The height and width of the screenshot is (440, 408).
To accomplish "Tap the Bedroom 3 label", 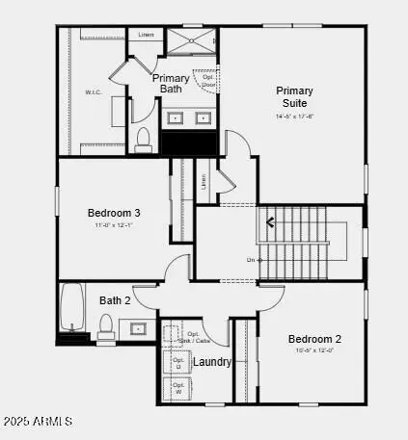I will point(114,213).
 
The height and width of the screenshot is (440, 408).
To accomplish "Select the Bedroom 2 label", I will point(314,339).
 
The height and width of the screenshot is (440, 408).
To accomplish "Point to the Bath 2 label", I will point(115,300).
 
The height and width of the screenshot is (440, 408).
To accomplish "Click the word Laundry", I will point(212,362).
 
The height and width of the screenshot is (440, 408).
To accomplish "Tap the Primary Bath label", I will point(170,83).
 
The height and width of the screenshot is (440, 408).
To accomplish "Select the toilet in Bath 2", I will point(106,327).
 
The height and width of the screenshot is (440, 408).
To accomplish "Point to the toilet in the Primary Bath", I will point(143,142).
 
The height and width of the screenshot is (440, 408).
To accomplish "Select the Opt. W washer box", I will point(178,388).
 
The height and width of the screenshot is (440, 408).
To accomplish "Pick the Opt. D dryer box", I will point(178,363).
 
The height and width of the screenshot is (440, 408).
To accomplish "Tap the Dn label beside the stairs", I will point(251,260).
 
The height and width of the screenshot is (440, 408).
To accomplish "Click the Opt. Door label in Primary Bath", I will point(208,80).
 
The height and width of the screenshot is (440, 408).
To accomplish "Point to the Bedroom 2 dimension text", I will point(314,350).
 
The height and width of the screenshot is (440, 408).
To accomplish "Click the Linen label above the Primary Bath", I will point(147,35).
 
